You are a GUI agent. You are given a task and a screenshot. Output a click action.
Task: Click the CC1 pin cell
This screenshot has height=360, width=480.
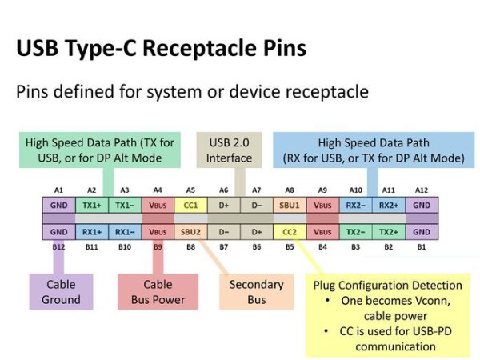(191, 204)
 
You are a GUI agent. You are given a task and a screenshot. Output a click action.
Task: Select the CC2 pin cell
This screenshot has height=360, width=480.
(290, 232)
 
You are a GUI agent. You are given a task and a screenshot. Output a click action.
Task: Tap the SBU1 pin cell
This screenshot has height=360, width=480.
(290, 204)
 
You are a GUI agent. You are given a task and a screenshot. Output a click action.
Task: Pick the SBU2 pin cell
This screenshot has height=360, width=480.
(191, 232)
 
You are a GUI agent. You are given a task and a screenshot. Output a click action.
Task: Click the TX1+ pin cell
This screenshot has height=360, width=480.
(91, 204)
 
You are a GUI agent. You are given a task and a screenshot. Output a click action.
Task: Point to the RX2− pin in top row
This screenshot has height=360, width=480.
(355, 204)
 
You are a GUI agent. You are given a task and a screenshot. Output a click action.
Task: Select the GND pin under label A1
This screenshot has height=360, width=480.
(58, 204)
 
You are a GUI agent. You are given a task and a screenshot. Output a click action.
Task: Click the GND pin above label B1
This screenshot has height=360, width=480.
(422, 232)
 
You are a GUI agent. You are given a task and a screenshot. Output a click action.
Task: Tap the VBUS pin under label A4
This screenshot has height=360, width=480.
(158, 204)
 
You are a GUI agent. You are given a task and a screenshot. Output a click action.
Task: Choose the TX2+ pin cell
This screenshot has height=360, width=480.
(389, 232)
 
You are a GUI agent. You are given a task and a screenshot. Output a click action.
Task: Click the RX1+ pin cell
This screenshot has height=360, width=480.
(91, 232)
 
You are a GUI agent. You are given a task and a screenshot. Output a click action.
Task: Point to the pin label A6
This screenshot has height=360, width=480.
(224, 190)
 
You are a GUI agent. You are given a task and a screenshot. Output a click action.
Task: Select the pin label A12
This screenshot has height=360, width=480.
(422, 190)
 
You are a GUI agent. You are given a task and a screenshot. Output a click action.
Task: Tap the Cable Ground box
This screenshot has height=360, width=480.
(62, 292)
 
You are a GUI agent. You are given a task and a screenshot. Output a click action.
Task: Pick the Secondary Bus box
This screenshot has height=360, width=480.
(256, 292)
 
